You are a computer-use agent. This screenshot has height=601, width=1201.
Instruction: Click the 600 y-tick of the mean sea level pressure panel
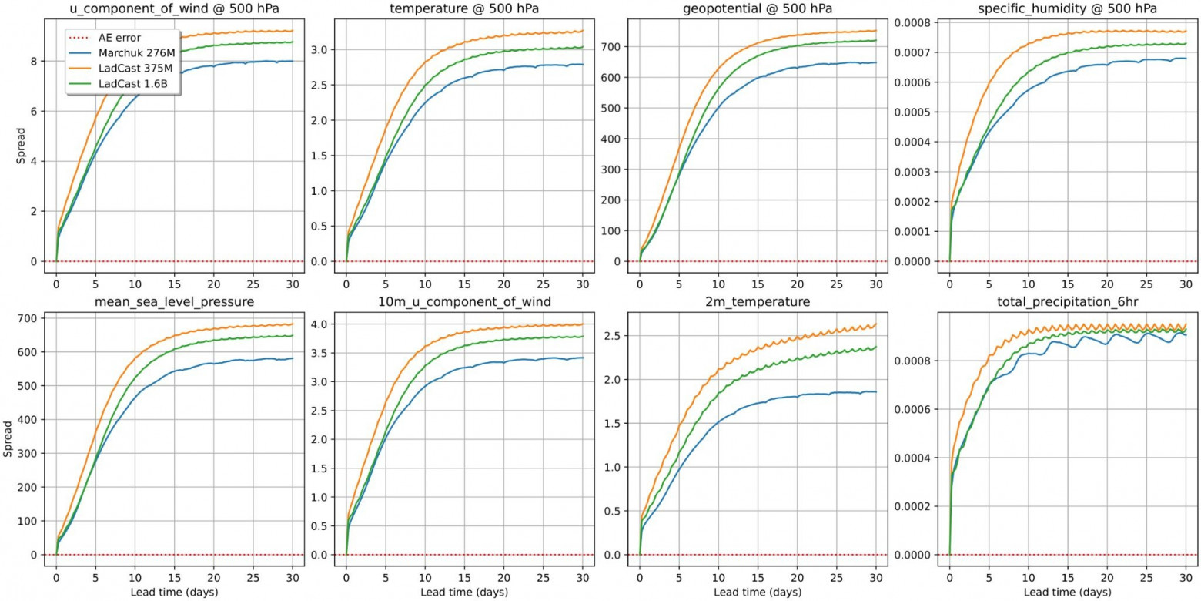(32, 352)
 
